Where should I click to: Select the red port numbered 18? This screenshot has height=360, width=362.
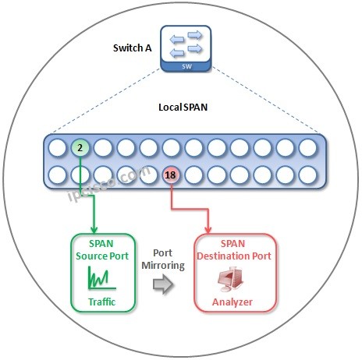click(x=171, y=175)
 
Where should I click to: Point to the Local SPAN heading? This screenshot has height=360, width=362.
click(x=180, y=104)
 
